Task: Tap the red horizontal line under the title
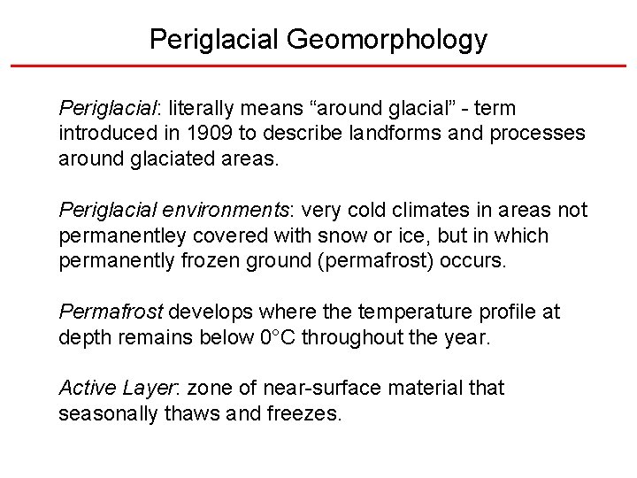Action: click(318, 66)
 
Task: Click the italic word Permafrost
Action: click(111, 312)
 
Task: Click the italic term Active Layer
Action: click(119, 388)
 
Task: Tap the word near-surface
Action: click(303, 388)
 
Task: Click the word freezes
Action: click(303, 413)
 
